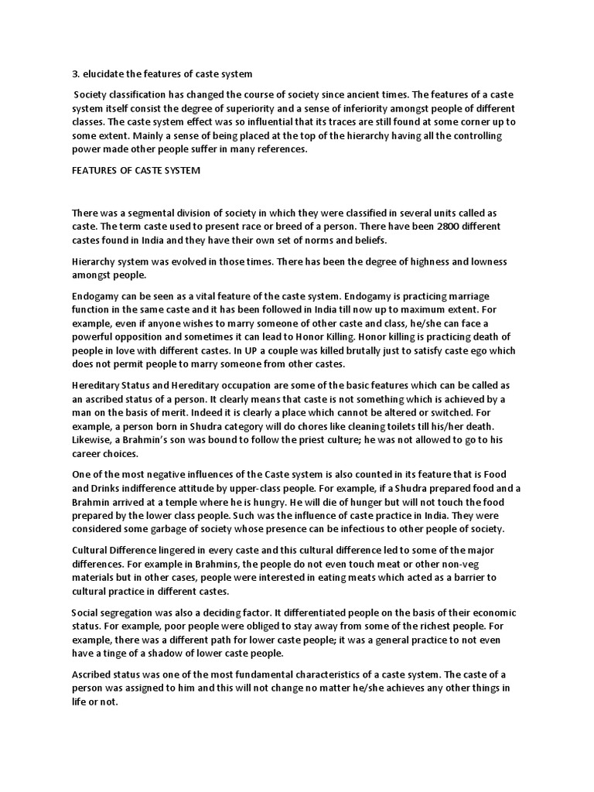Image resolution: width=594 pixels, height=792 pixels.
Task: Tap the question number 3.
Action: (x=74, y=73)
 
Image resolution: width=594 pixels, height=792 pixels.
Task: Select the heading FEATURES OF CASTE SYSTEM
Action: (x=135, y=170)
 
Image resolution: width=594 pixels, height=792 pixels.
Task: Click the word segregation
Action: (x=128, y=613)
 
